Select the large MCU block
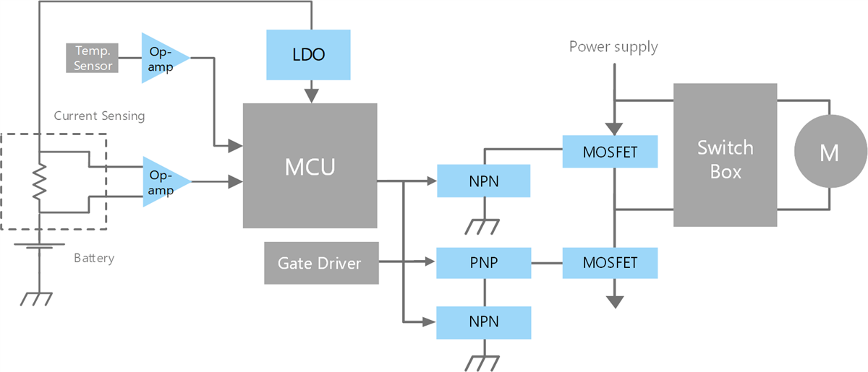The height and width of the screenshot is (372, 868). point(310,165)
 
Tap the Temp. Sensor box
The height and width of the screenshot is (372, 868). point(93,58)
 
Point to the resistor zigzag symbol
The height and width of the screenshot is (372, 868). point(39,181)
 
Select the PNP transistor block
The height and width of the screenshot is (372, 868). point(484,262)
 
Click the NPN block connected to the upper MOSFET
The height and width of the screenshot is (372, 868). point(484,181)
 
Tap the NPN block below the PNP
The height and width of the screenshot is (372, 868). point(484,322)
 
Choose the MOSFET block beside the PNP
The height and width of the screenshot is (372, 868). point(610,262)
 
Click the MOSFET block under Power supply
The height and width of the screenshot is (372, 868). point(610,152)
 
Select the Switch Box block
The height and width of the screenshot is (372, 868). point(725,155)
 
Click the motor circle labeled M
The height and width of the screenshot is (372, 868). point(830,153)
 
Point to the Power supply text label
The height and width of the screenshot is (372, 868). point(613,48)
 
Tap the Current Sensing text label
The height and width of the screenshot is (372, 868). point(99,116)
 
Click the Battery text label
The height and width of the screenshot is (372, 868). point(94,258)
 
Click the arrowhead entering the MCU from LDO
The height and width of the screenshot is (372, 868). point(310,96)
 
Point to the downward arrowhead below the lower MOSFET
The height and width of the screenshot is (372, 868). point(614,301)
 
